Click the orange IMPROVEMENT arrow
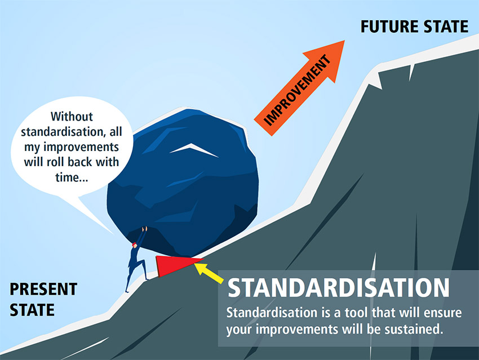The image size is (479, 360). click(299, 88)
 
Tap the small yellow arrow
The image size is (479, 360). click(209, 273)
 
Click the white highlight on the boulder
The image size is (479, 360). click(194, 150)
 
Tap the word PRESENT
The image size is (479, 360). click(43, 289)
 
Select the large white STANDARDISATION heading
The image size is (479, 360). click(339, 288)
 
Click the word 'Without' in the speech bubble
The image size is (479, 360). click(72, 117)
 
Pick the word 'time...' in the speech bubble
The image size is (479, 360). click(72, 177)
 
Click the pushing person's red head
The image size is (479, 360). click(135, 245)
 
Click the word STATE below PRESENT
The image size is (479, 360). click(32, 310)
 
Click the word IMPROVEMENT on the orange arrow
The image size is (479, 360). click(297, 90)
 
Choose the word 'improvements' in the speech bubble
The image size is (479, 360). click(81, 148)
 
